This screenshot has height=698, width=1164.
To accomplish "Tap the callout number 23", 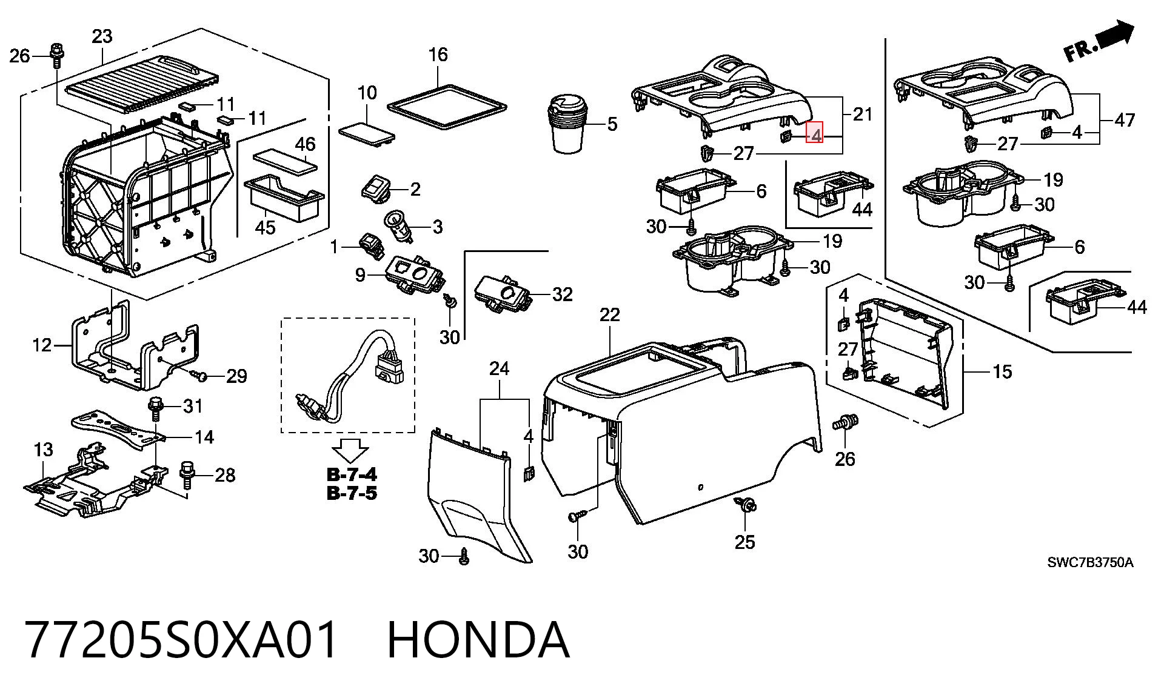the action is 101,36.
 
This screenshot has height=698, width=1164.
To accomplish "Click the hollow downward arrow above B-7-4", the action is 350,451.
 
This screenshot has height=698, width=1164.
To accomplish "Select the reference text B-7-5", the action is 352,493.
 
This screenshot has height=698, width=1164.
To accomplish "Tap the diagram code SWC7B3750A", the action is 1089,563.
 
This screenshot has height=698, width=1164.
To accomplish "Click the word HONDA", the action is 478,640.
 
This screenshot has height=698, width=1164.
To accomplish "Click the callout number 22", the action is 610,314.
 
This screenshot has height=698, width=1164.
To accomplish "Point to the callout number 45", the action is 265,227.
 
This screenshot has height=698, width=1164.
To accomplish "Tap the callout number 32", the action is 562,294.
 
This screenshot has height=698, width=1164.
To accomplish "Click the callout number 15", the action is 1002,371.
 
